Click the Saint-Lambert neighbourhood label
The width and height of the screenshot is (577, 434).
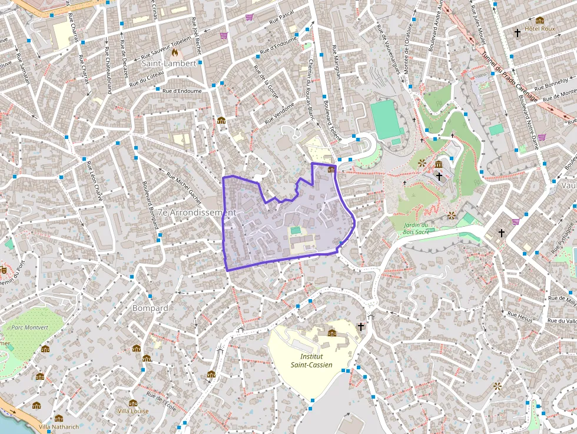click(168, 63)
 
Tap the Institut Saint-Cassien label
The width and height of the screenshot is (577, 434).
click(311, 360)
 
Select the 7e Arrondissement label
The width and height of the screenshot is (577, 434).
click(197, 212)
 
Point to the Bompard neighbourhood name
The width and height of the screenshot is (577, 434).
click(150, 308)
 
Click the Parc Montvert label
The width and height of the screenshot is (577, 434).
click(29, 327)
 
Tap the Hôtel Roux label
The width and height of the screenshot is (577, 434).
click(540, 28)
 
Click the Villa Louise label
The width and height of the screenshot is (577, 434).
click(133, 410)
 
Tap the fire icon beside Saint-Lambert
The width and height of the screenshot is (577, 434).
click(175, 52)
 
